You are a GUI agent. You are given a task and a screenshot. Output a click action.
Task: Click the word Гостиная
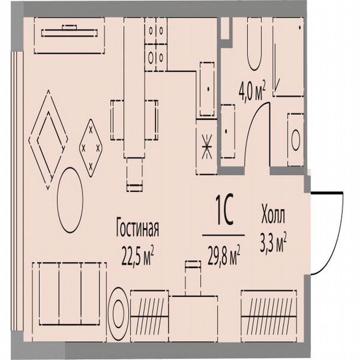click(137, 229)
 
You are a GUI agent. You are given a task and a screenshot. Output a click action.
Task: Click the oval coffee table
click(70, 200)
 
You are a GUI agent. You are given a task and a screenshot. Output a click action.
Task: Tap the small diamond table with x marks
click(91, 147)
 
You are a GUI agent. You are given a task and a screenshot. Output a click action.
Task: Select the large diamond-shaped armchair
click(48, 140)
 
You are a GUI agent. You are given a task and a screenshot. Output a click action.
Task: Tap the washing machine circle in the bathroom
click(295, 140)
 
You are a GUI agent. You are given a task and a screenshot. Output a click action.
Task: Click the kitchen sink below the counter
click(207, 89)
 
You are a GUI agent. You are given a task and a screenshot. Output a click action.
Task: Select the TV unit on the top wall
click(69, 35)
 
